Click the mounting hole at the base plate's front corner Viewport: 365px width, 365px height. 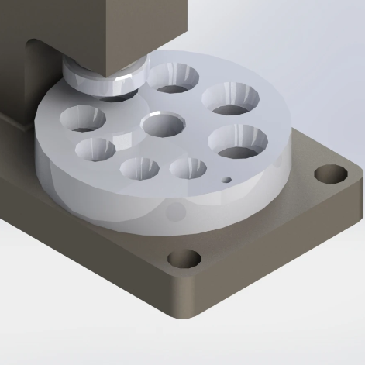pyautogui.click(x=183, y=257)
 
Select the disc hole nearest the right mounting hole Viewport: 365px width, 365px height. pyautogui.click(x=237, y=140)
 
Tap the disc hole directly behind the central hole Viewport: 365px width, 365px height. pyautogui.click(x=173, y=77)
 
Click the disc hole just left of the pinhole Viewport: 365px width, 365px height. pyautogui.click(x=188, y=167)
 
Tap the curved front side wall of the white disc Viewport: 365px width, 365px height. pyautogui.click(x=116, y=205)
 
